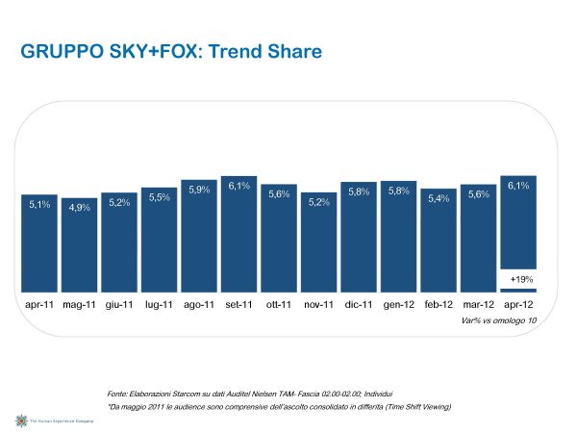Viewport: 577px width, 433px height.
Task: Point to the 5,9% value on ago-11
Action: (199, 190)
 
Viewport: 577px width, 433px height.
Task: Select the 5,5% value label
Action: (159, 197)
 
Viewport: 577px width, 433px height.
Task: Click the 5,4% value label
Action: (439, 198)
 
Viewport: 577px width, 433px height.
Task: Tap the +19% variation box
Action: (517, 279)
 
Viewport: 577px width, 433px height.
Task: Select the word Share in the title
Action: (293, 50)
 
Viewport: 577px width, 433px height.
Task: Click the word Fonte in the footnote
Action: (120, 394)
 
